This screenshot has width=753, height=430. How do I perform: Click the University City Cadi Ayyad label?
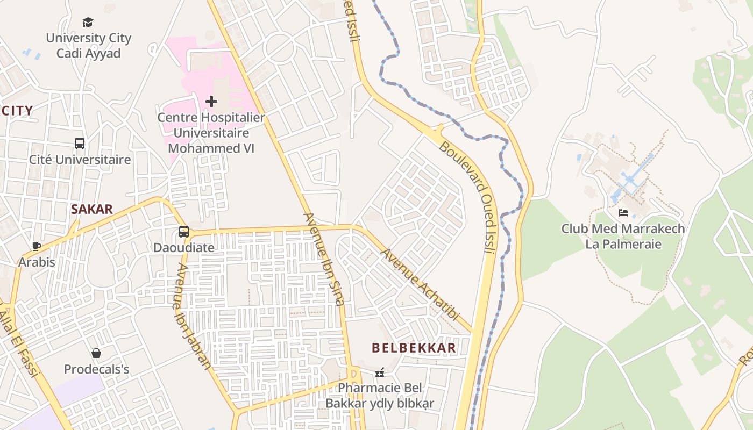click(x=88, y=46)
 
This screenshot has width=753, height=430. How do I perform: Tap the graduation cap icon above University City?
click(x=88, y=22)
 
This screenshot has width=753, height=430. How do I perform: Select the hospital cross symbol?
click(x=211, y=101)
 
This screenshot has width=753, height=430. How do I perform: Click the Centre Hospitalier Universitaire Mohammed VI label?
click(x=211, y=133)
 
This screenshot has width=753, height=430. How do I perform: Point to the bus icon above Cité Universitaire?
click(x=80, y=144)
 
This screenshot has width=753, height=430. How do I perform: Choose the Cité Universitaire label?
click(x=80, y=160)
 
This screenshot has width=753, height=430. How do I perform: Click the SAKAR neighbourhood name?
click(x=92, y=210)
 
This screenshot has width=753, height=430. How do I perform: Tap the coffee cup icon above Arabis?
click(x=37, y=246)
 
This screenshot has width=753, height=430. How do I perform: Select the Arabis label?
click(x=37, y=262)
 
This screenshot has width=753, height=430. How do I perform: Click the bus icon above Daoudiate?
click(x=184, y=232)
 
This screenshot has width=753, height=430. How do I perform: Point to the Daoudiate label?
click(x=184, y=248)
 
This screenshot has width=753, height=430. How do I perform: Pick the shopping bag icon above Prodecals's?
click(x=96, y=353)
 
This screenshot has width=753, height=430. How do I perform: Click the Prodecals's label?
click(x=96, y=370)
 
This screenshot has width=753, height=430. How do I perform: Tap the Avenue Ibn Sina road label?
click(x=324, y=259)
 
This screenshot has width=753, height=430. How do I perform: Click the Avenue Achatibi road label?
click(x=420, y=284)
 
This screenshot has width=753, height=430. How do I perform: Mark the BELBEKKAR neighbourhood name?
click(x=414, y=348)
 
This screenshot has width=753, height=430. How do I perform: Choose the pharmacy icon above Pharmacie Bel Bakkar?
click(x=380, y=372)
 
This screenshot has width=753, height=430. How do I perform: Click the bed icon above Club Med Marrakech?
click(x=623, y=213)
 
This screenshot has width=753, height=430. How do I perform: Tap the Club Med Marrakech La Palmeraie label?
click(x=623, y=236)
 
